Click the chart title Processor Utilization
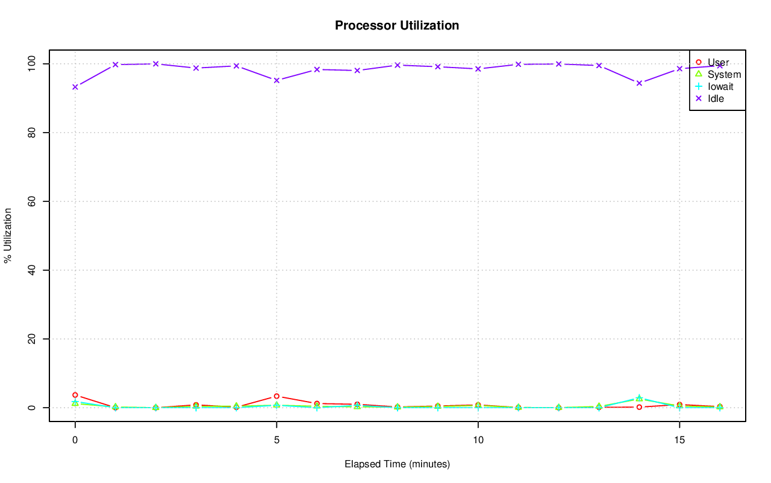[x=397, y=26]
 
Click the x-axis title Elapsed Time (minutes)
[x=397, y=464]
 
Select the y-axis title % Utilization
[x=8, y=235]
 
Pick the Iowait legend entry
[x=720, y=87]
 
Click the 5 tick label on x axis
[x=276, y=440]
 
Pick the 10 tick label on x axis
[x=478, y=440]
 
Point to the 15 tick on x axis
[x=679, y=440]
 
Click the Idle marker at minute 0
[x=75, y=87]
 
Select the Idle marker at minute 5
[x=276, y=80]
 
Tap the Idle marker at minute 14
[x=639, y=83]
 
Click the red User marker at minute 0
[x=75, y=395]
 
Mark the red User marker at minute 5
[x=276, y=396]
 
